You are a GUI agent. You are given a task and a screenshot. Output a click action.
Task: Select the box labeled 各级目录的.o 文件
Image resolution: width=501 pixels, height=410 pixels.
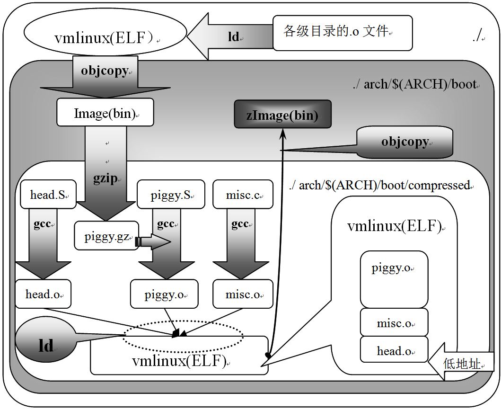[x=342, y=33]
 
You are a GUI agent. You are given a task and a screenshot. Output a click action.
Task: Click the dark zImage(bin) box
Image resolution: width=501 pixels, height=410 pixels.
[x=282, y=114]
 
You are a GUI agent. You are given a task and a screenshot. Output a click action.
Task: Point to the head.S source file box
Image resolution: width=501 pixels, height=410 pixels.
[x=48, y=195]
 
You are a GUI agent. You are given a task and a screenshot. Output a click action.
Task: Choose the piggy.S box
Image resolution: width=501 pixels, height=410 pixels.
[x=170, y=195]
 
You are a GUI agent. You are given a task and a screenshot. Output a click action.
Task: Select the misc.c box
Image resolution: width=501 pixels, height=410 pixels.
[x=243, y=195]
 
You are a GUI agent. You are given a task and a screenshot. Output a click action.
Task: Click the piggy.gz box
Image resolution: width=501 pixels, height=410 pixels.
[x=106, y=236]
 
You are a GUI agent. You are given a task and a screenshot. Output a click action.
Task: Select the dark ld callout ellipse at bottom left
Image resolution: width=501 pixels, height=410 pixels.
[x=45, y=345]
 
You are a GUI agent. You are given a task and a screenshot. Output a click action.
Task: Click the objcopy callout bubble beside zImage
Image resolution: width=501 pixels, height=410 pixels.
[x=404, y=142]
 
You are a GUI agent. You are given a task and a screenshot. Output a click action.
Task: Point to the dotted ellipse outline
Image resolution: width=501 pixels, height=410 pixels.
[x=183, y=322]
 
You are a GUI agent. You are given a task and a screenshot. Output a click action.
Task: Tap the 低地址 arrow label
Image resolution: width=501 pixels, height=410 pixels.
[x=462, y=364]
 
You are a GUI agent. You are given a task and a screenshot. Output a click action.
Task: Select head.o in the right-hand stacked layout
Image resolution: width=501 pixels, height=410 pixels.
[x=394, y=351]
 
